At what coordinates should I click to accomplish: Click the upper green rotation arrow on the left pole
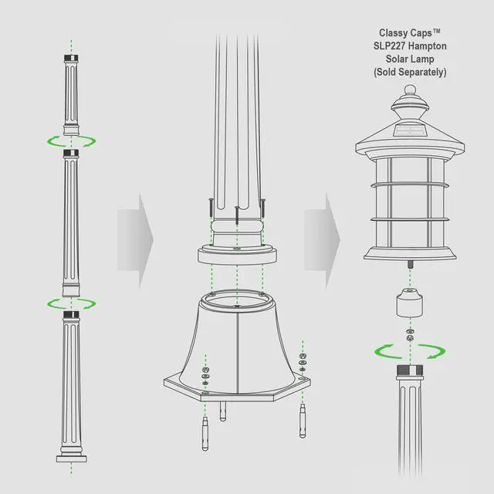point(71,141)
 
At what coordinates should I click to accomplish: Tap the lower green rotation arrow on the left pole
point(71,303)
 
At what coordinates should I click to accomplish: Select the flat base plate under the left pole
point(71,459)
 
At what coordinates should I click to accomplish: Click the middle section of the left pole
point(71,224)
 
